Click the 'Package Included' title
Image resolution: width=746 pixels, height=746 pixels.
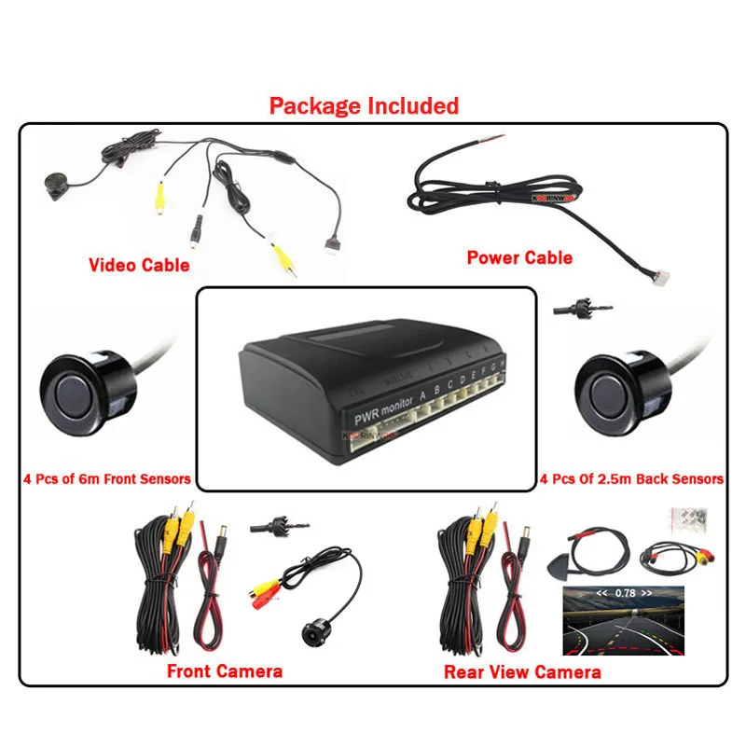(364, 105)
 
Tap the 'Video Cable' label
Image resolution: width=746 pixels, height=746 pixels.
(139, 265)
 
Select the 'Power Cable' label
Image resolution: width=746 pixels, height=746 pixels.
(519, 257)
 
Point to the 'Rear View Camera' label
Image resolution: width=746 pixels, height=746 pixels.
(522, 671)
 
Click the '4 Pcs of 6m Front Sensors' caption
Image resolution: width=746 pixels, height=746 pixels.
(107, 479)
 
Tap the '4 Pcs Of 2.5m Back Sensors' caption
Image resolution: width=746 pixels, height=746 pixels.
(631, 479)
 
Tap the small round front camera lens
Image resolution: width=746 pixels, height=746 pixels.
(310, 631)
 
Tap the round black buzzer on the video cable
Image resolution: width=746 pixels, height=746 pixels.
(55, 185)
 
